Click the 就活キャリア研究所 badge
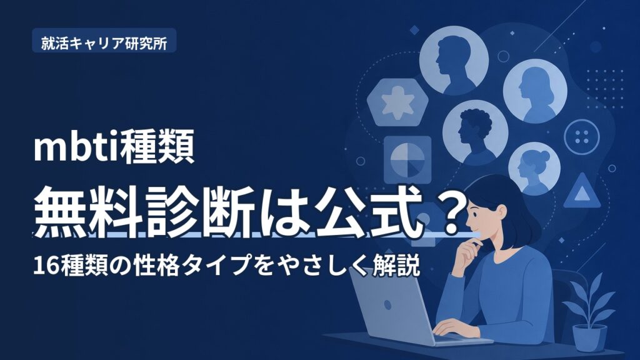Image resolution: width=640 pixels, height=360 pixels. click(104, 41)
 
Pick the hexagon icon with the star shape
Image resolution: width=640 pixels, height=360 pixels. click(397, 102)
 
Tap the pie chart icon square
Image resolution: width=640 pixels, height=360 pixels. click(407, 159)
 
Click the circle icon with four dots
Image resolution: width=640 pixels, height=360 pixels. click(582, 137)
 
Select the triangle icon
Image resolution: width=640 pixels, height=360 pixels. click(582, 191)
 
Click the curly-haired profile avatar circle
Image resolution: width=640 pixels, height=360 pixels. click(475, 132)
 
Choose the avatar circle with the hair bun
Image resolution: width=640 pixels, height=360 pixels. click(534, 169)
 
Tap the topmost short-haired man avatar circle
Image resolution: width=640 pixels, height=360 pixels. click(454, 60)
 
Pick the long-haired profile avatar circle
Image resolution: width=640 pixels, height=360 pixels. click(535, 91)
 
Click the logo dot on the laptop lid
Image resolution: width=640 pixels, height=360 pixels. click(387, 304)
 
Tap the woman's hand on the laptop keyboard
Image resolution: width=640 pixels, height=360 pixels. click(451, 326)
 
